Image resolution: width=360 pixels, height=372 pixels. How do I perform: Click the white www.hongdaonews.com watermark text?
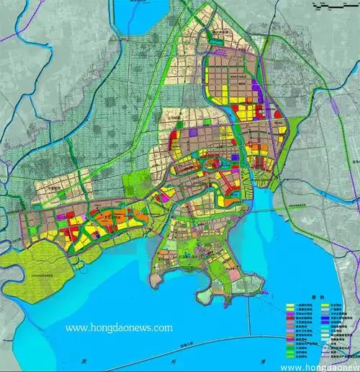[120, 327]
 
